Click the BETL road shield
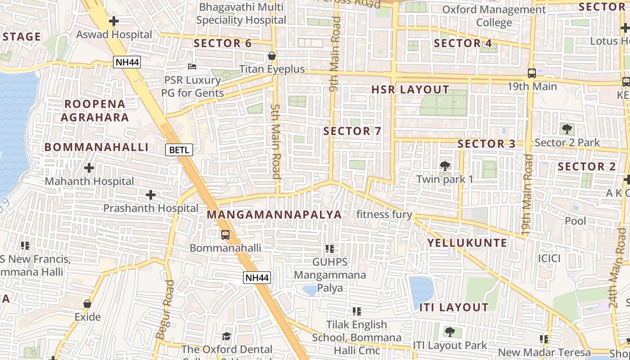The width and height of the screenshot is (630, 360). (179, 150)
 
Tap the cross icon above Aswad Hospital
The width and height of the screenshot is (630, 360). (114, 21)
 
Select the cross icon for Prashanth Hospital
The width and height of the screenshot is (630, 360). (151, 195)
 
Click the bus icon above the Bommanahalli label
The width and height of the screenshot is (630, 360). (225, 234)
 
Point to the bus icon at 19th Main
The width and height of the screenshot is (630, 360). (532, 73)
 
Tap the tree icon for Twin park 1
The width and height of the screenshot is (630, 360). (445, 166)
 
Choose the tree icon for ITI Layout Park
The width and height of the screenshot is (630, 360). (449, 332)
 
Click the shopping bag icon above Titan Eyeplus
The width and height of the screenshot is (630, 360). (272, 56)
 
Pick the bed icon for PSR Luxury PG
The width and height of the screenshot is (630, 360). (192, 67)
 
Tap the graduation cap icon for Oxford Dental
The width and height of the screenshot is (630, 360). (226, 336)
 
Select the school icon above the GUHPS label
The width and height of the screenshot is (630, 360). (330, 248)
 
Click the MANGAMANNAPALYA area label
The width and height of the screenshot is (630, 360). (274, 215)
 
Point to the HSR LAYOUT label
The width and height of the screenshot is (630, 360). (410, 90)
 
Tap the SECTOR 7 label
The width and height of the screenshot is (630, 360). (352, 131)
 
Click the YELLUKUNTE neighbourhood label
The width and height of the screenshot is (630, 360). (467, 243)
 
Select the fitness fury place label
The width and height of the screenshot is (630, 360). (384, 214)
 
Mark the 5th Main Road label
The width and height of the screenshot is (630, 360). (276, 142)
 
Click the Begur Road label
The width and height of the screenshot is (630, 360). (164, 310)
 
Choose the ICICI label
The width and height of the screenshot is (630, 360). (549, 258)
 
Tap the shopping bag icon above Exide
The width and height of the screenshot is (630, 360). (87, 304)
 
